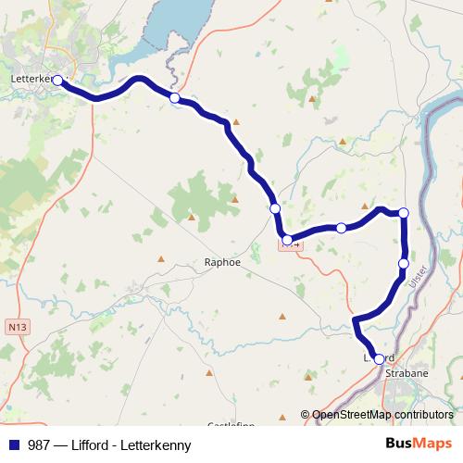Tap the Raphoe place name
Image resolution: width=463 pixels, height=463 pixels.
pos(222,262)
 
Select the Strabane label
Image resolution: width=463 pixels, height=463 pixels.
pos(407,372)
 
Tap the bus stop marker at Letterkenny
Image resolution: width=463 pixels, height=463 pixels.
pos(57,81)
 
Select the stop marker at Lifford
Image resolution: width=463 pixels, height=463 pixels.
pos(379,359)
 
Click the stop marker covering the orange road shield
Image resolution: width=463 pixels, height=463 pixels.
pos(287,241)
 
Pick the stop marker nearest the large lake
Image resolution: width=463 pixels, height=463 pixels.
pos(174,97)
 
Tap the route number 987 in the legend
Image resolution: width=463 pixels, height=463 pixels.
pos(38,444)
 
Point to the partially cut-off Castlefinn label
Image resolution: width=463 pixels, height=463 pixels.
pos(232,424)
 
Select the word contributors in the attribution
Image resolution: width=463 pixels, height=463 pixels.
pos(421,415)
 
